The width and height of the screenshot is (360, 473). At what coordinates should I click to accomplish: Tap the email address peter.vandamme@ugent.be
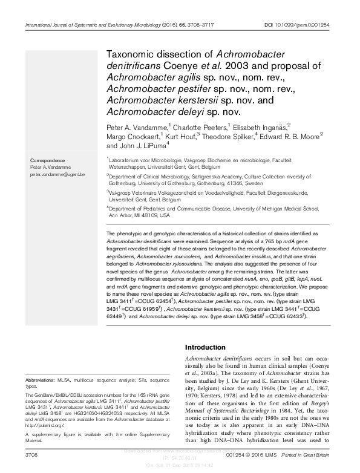57,174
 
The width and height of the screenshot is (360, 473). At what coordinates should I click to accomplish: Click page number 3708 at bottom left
30,453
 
